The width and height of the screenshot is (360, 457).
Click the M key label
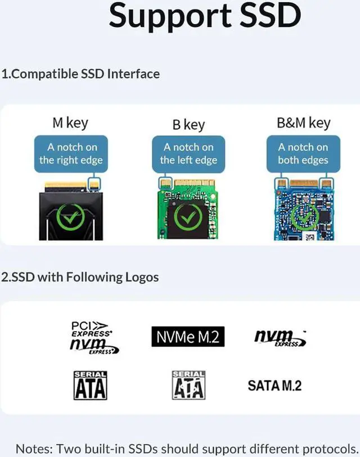[x=70, y=123]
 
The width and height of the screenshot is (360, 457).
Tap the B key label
[x=188, y=124]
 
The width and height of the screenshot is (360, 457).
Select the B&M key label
[x=304, y=123]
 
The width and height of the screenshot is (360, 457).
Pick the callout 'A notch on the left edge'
[x=188, y=153]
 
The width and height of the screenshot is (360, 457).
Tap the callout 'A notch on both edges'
[x=304, y=153]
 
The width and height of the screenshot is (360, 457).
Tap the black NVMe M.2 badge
[x=188, y=337]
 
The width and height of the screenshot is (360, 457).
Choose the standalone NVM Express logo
[x=280, y=337]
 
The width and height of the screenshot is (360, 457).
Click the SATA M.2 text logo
[x=274, y=385]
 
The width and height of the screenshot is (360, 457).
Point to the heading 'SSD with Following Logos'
[x=80, y=277]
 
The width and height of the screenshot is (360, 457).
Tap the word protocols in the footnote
[x=328, y=449]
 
